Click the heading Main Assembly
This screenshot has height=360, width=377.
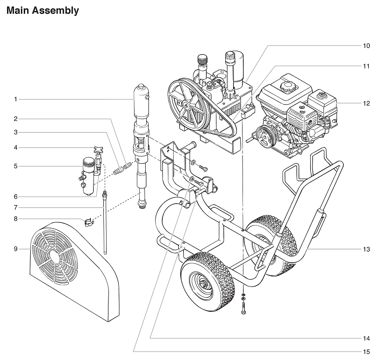point(42,10)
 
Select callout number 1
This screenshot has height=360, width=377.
point(15,99)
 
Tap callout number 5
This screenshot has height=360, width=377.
point(15,166)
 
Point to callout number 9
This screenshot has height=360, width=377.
point(15,249)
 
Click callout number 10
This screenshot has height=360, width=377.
point(366,46)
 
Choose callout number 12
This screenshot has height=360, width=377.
point(366,103)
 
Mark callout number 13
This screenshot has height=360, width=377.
point(366,249)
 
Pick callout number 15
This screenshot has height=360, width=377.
point(366,351)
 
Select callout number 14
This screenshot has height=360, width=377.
point(366,338)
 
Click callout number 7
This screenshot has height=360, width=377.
point(15,207)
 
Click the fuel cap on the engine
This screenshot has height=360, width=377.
point(285,87)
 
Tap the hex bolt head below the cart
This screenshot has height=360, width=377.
point(243,312)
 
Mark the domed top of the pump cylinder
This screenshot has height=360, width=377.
point(141,88)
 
